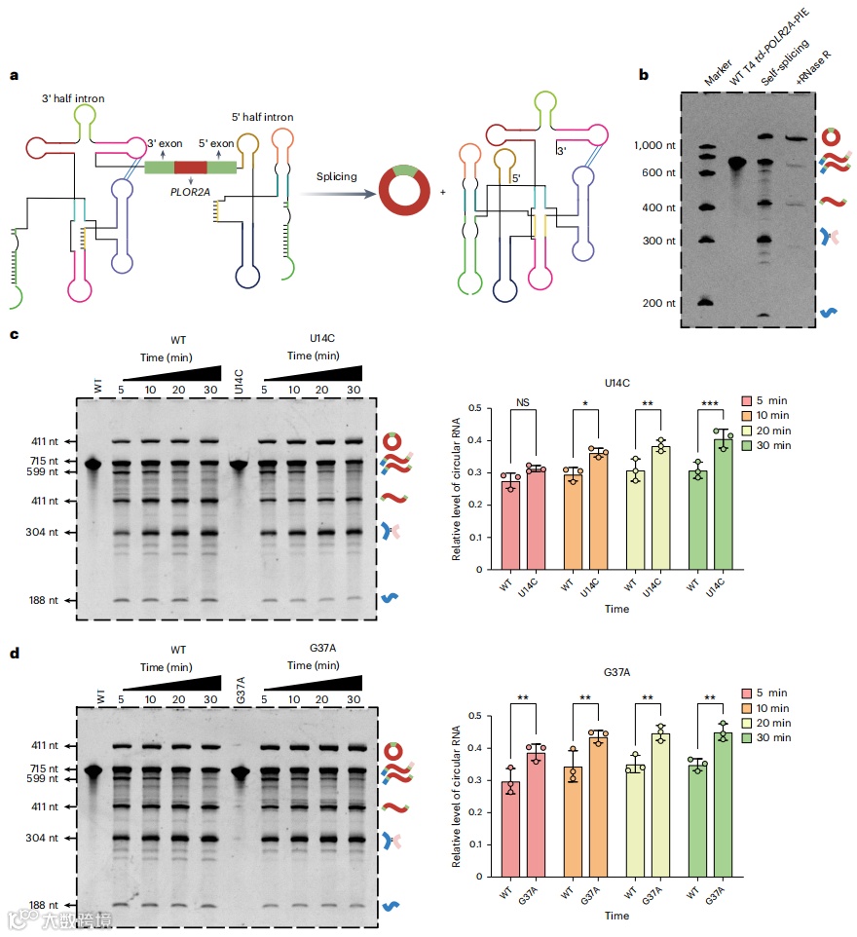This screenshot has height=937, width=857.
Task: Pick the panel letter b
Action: click(x=643, y=74)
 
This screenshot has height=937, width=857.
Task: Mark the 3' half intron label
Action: click(x=73, y=98)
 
